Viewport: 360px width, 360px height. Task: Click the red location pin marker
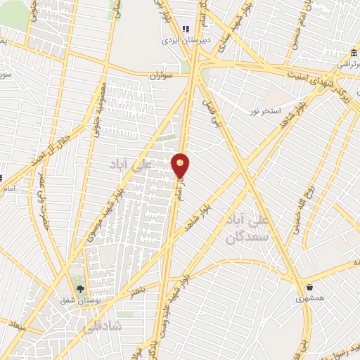181,165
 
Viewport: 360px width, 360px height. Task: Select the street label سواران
160,74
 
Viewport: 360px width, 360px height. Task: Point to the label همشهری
309,300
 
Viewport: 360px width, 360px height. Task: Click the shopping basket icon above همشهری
309,287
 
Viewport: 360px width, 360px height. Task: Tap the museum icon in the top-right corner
351,53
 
